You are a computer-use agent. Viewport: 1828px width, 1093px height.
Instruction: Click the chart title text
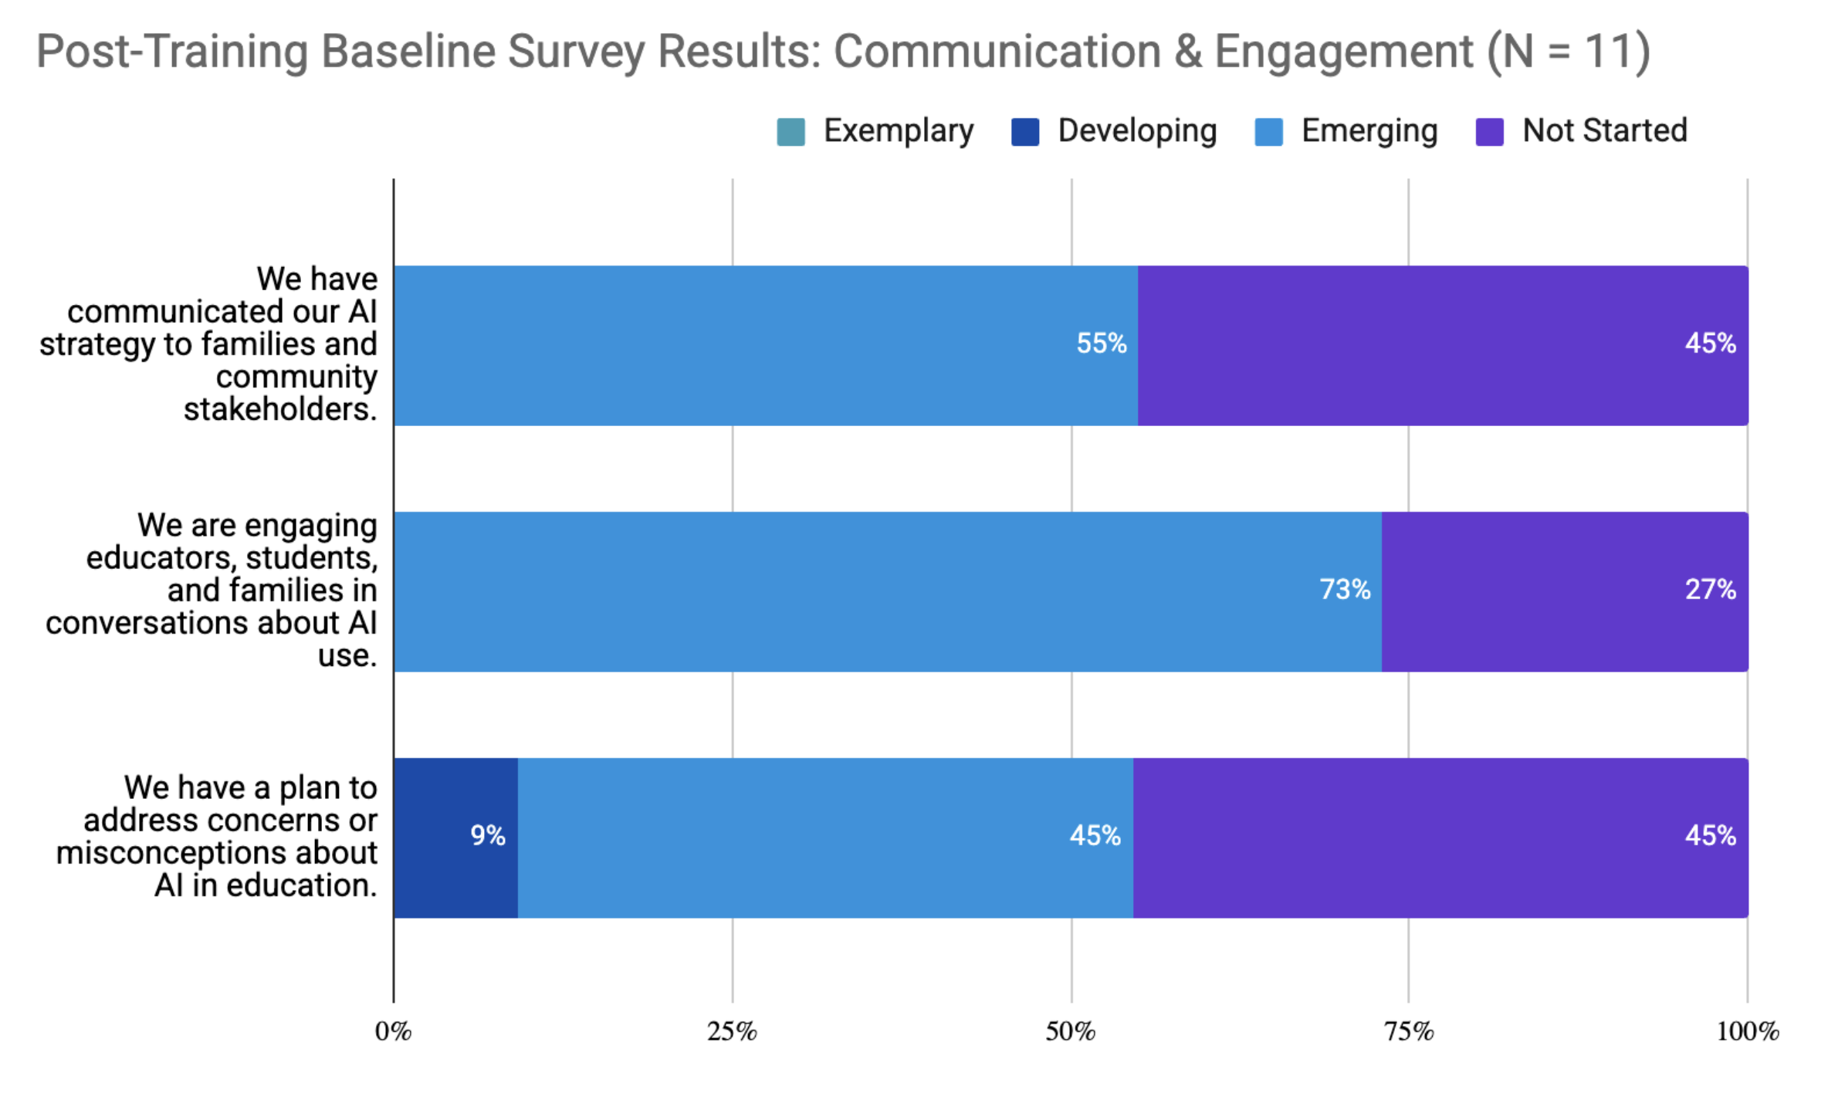click(843, 52)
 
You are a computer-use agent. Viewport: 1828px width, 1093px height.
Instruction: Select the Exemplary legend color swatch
click(790, 132)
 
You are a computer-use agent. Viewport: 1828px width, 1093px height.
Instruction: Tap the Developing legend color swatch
click(1025, 132)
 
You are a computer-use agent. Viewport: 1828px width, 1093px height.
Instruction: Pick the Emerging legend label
click(1369, 130)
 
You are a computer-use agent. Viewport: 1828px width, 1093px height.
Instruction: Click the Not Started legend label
click(1604, 130)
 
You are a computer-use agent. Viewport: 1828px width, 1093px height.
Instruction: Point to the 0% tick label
click(394, 1031)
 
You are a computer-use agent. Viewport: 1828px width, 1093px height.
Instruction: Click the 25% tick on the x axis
click(732, 1031)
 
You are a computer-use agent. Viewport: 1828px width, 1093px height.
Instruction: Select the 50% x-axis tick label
click(1071, 1031)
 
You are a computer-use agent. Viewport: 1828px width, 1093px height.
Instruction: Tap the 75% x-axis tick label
click(1409, 1031)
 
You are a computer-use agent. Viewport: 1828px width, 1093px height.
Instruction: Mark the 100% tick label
click(1747, 1031)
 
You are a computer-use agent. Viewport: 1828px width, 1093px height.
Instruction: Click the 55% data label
click(1102, 343)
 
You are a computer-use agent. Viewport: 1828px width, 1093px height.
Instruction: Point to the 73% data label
click(1345, 590)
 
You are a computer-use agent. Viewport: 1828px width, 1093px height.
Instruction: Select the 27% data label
click(1710, 590)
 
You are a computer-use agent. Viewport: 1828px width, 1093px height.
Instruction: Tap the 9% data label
click(488, 835)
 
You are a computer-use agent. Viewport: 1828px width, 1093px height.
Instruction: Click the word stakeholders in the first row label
click(280, 409)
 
